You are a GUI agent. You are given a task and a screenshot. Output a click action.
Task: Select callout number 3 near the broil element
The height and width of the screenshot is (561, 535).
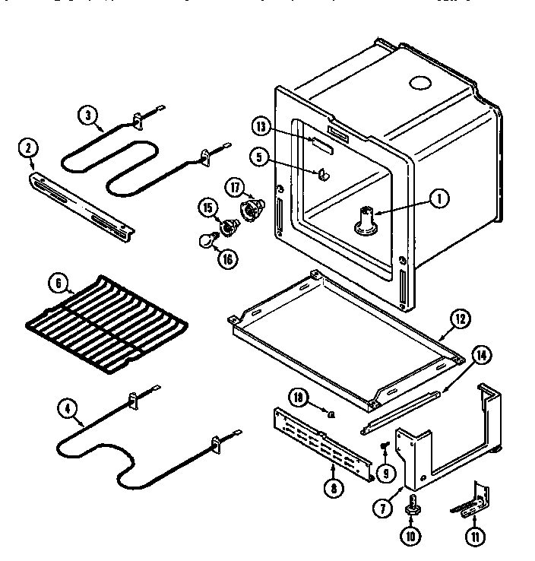pyautogui.click(x=89, y=116)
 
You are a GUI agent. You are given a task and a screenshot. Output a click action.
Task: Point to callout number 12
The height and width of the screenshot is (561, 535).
pyautogui.click(x=460, y=320)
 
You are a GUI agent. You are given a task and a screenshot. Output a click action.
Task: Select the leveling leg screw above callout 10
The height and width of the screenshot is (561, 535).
pyautogui.click(x=412, y=505)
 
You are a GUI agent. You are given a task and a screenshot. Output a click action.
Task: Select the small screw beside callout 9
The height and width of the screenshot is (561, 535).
pyautogui.click(x=386, y=445)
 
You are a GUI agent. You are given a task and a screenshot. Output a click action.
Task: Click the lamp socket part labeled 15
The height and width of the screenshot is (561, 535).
pyautogui.click(x=226, y=226)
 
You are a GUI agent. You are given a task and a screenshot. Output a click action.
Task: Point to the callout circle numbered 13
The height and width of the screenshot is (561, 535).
pyautogui.click(x=261, y=127)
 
